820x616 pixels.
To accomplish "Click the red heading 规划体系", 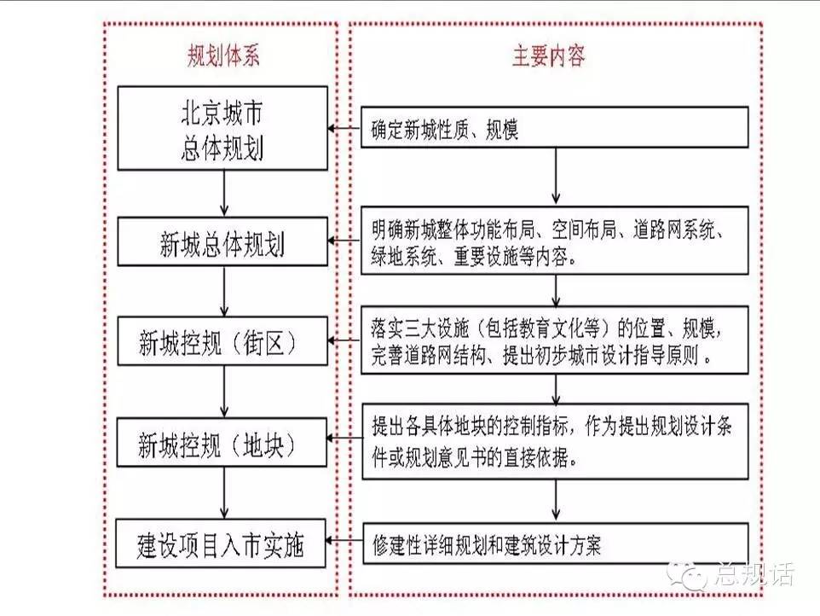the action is pos(223,55).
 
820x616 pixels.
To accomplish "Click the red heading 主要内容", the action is pos(548,55).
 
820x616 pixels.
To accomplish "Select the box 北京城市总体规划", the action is pos(222,128).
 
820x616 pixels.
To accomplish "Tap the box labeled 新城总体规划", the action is pos(222,241).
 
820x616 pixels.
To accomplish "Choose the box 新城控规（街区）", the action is pos(222,340).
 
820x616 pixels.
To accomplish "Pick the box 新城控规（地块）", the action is pos(222,442).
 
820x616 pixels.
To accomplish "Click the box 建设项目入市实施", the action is pos(221,543).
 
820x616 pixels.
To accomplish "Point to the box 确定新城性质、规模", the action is pos(555,127).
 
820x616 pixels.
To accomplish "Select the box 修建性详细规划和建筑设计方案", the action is pos(556,543).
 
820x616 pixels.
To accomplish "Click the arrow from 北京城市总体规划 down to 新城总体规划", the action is pos(224,194).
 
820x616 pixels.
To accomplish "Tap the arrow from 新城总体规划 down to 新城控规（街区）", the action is pos(224,291).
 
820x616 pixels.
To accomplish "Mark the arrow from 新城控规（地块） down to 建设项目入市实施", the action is pos(224,493).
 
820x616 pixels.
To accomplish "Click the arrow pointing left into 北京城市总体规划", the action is pos(344,128).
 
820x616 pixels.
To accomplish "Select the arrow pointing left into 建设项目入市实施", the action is pos(344,541).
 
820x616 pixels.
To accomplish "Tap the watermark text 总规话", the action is pos(754,575).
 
